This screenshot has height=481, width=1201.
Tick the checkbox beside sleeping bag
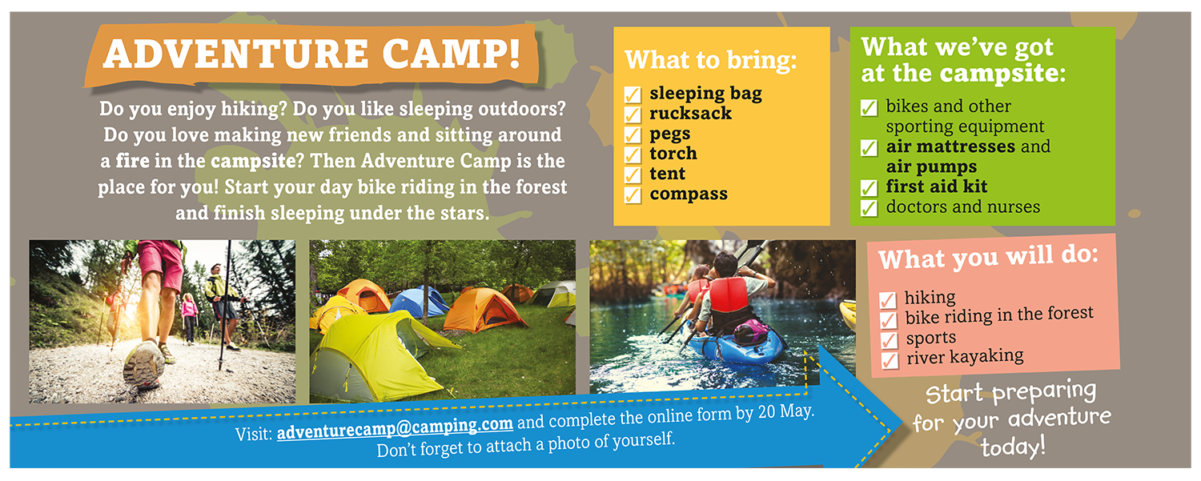(633, 95)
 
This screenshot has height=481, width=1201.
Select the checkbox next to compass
(633, 195)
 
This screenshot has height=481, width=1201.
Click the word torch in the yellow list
(673, 154)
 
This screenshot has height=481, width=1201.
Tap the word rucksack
(690, 113)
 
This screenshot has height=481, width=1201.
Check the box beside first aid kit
(869, 188)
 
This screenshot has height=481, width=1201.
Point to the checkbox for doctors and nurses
(869, 208)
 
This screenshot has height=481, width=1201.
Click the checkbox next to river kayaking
(890, 360)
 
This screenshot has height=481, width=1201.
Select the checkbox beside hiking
(888, 300)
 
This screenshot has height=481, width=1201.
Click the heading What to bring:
(711, 59)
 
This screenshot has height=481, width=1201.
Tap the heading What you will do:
(988, 257)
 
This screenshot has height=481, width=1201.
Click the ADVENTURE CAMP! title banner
(311, 54)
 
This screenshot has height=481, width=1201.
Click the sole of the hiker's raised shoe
(143, 364)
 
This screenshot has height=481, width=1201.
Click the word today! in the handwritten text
(1013, 446)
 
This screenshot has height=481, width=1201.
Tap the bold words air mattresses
(950, 146)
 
